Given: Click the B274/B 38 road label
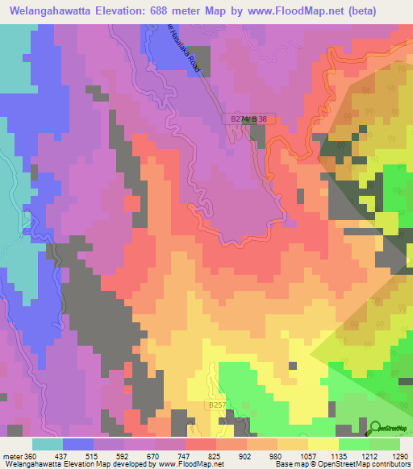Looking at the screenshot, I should (x=248, y=119).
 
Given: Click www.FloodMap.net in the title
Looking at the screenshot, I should (x=310, y=9).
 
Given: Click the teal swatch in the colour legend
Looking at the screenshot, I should (x=48, y=444).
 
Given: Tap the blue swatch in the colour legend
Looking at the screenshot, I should (x=78, y=444).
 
